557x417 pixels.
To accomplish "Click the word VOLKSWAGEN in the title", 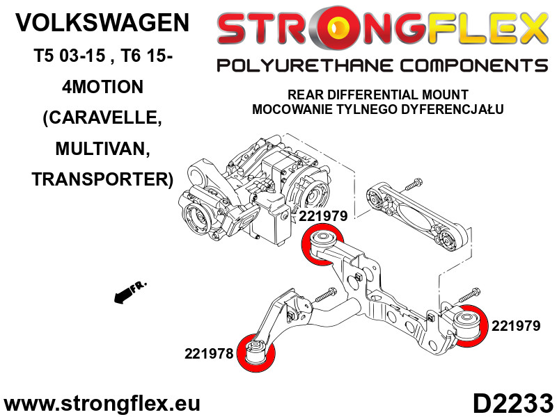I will (x=102, y=23).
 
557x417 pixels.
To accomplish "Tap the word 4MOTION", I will (x=102, y=87).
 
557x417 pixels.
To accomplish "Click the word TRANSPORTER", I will (x=102, y=179).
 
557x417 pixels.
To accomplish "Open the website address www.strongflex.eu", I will (x=102, y=404).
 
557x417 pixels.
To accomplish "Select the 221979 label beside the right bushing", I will (x=515, y=325).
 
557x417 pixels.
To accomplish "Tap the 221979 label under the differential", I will (x=323, y=217).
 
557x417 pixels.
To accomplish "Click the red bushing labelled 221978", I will (x=257, y=352).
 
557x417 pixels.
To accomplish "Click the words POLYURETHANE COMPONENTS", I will (x=382, y=66).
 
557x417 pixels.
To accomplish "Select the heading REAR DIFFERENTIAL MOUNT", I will (x=378, y=95).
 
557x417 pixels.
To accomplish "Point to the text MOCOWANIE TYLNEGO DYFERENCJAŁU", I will (x=378, y=109).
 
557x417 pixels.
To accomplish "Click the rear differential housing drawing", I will (x=258, y=191).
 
